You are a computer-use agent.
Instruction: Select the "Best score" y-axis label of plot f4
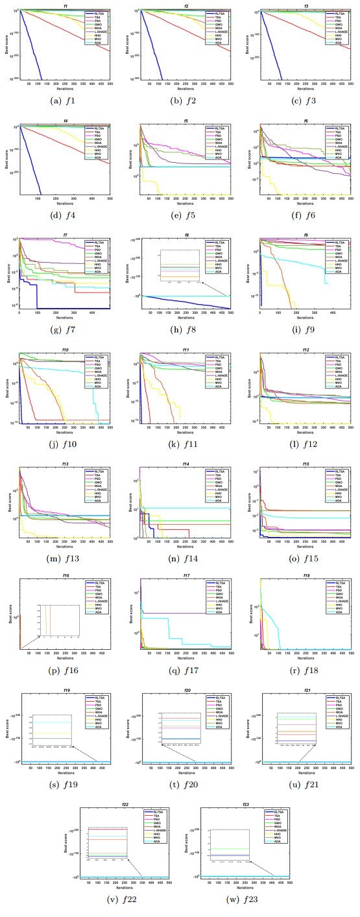click(8, 159)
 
